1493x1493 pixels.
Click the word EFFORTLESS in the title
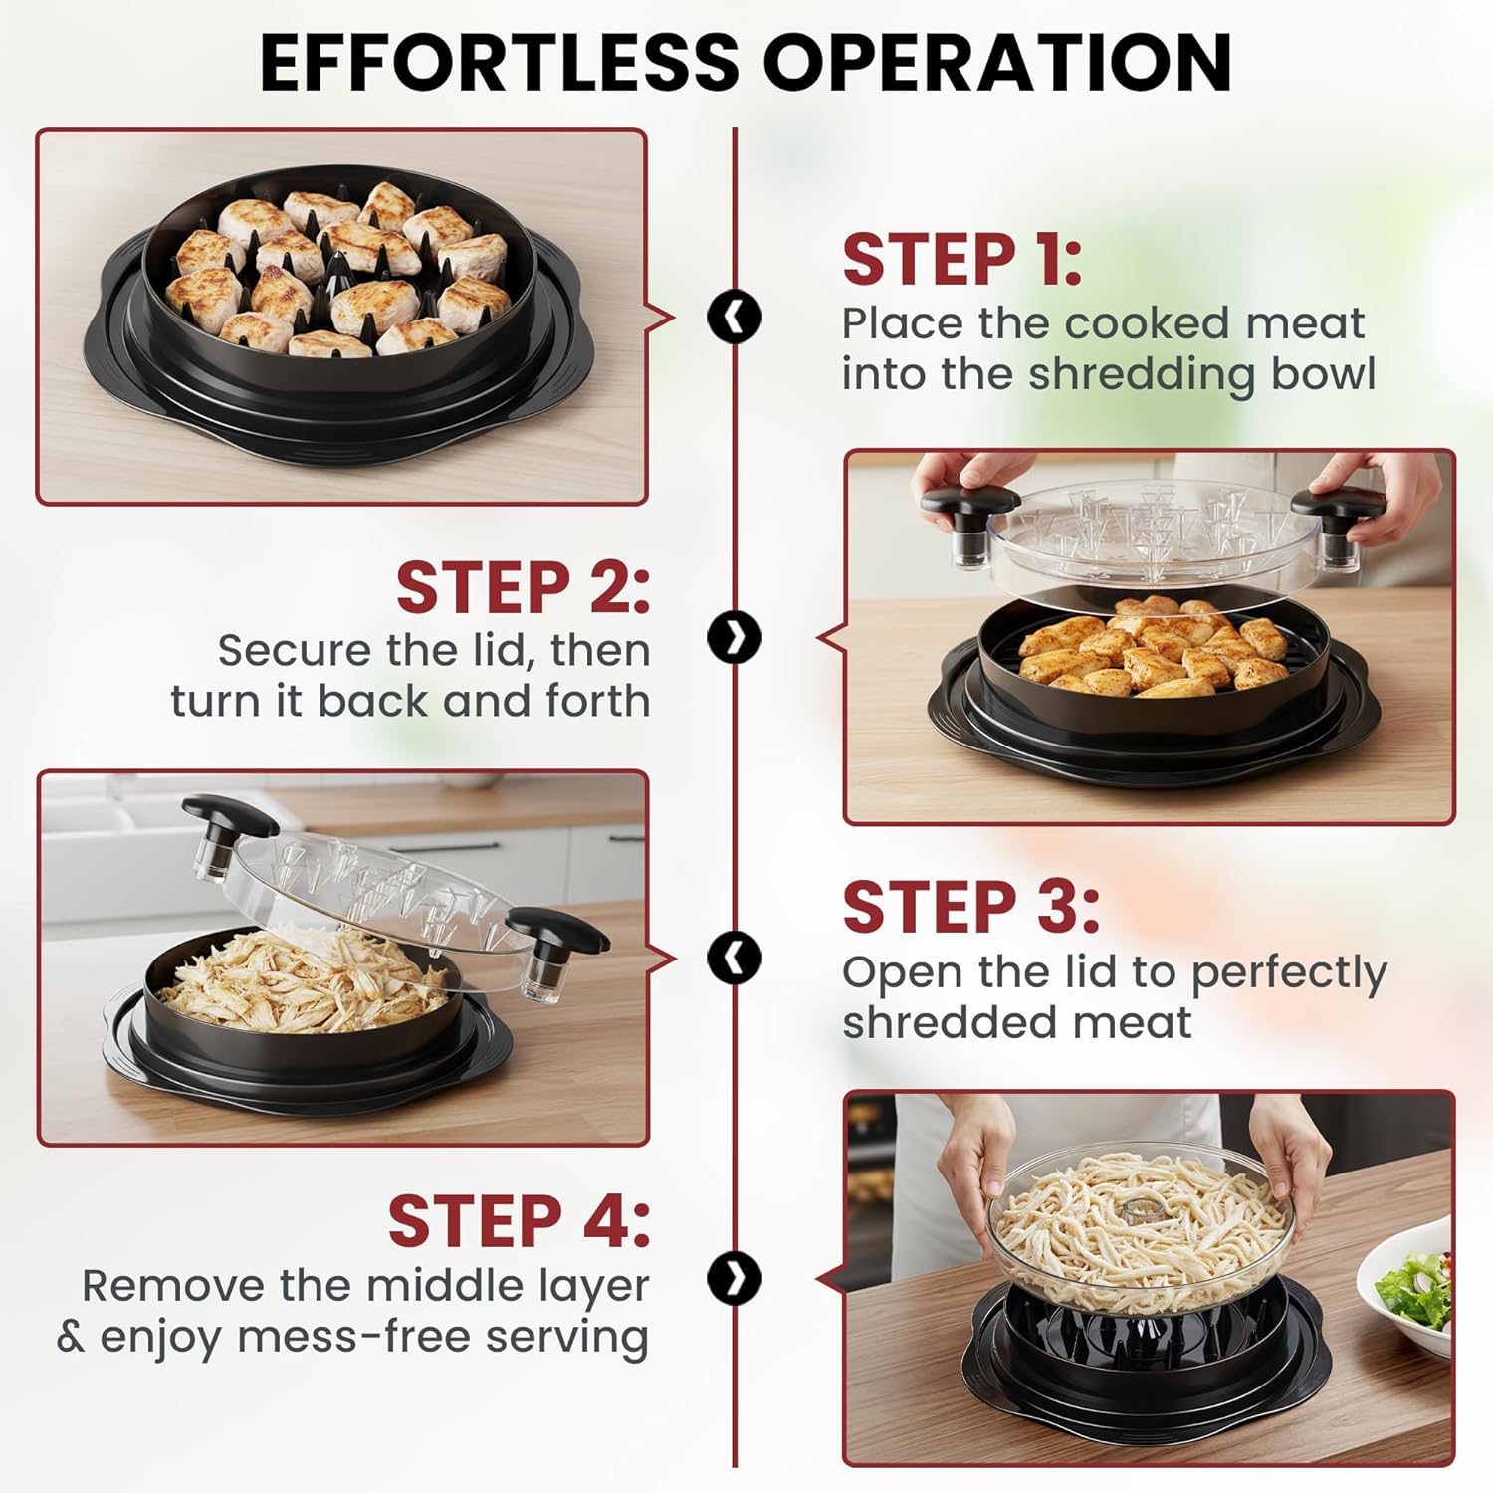point(500,62)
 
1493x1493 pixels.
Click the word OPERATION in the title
point(998,62)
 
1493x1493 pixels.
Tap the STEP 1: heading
point(961,260)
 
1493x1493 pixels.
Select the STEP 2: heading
point(524,587)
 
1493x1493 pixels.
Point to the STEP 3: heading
point(970,907)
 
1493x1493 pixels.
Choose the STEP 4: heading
point(519,1221)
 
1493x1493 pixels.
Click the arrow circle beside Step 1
point(735,318)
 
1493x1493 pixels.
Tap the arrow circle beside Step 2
point(735,637)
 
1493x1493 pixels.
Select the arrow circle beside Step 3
point(735,958)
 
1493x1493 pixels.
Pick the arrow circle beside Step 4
point(735,1277)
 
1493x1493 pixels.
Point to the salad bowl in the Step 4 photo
point(1406,1284)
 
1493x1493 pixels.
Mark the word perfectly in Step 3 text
point(1289,973)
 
